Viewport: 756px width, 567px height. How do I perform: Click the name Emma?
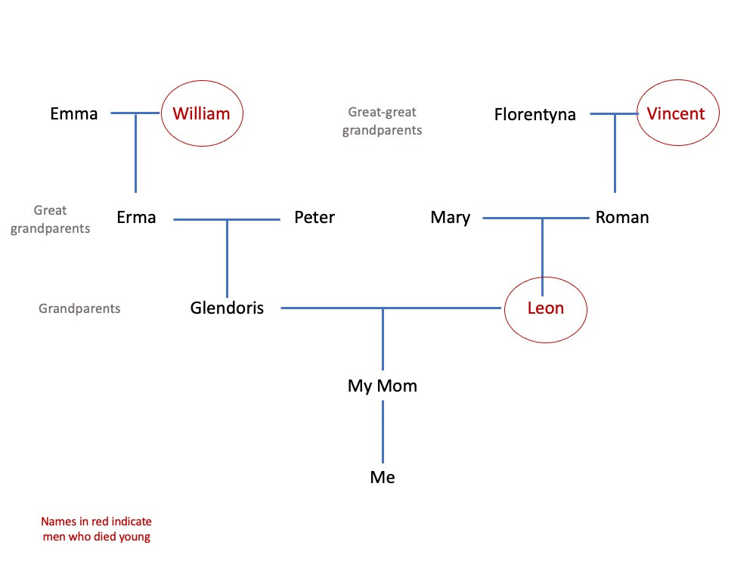[x=74, y=114]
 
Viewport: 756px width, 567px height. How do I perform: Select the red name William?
[x=200, y=114]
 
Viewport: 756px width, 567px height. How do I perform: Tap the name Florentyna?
[x=535, y=115]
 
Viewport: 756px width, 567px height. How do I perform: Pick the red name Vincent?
[x=676, y=113]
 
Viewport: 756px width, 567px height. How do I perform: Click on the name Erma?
[x=136, y=218]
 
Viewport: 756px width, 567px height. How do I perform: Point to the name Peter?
[x=314, y=218]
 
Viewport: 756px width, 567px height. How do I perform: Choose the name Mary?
[x=451, y=218]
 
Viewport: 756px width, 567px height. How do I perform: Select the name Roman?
[x=622, y=218]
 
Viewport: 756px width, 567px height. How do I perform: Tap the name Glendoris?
[x=227, y=308]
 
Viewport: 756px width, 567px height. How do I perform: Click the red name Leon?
[x=546, y=308]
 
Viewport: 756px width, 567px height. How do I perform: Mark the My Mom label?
[x=383, y=386]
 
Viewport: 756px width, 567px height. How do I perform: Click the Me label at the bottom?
[x=383, y=478]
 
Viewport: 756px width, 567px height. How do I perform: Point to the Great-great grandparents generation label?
[x=382, y=121]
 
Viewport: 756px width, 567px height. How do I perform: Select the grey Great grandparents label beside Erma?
[x=50, y=219]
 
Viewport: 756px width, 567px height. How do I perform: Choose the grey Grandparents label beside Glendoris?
[x=79, y=308]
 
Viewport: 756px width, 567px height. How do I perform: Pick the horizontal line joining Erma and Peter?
[x=257, y=219]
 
